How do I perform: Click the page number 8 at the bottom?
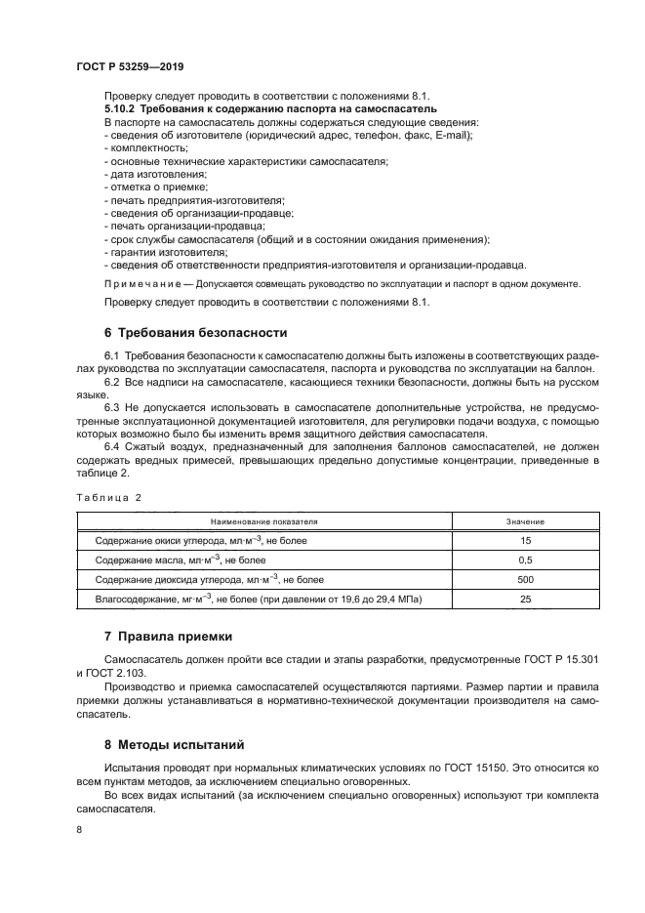click(x=79, y=829)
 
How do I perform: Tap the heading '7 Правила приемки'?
click(x=168, y=637)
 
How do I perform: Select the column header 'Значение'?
click(x=525, y=521)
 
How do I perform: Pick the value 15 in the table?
click(x=525, y=540)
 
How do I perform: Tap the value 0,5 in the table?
click(x=525, y=560)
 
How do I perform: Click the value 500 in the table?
click(x=525, y=579)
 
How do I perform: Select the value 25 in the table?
click(x=525, y=599)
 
